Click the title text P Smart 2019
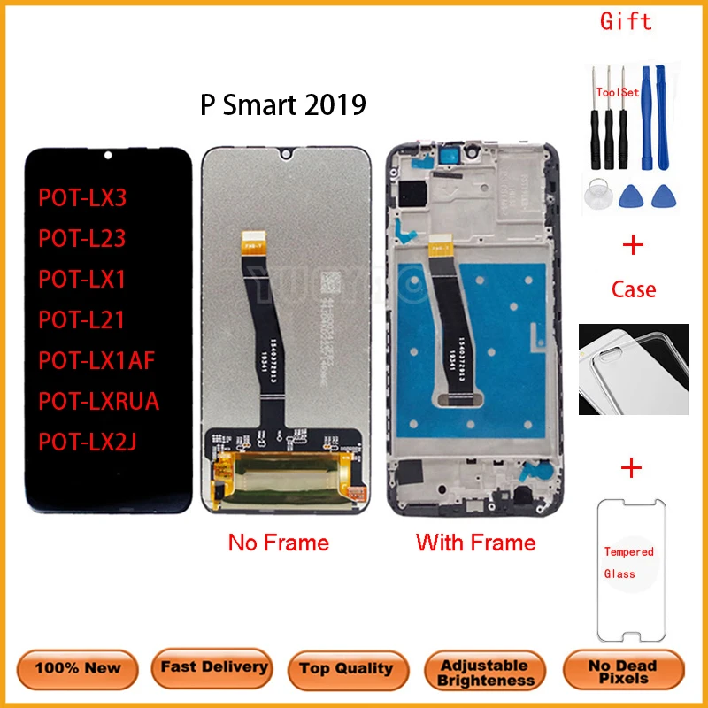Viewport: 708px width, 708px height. point(283,106)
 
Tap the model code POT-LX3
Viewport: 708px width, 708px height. point(82,197)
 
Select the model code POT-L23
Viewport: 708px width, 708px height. point(82,238)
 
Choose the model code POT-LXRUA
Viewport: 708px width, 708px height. point(98,401)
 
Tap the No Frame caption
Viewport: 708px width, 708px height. point(278,543)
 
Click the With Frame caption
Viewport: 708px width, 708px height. point(476,543)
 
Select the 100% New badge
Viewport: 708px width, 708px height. point(79,668)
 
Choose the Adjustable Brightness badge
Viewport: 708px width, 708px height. point(486,673)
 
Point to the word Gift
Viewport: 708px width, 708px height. point(626,20)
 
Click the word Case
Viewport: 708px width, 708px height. point(634,289)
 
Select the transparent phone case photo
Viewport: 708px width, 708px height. point(633,368)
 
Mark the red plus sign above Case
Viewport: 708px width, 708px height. point(634,245)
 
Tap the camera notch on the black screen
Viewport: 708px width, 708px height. point(108,156)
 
